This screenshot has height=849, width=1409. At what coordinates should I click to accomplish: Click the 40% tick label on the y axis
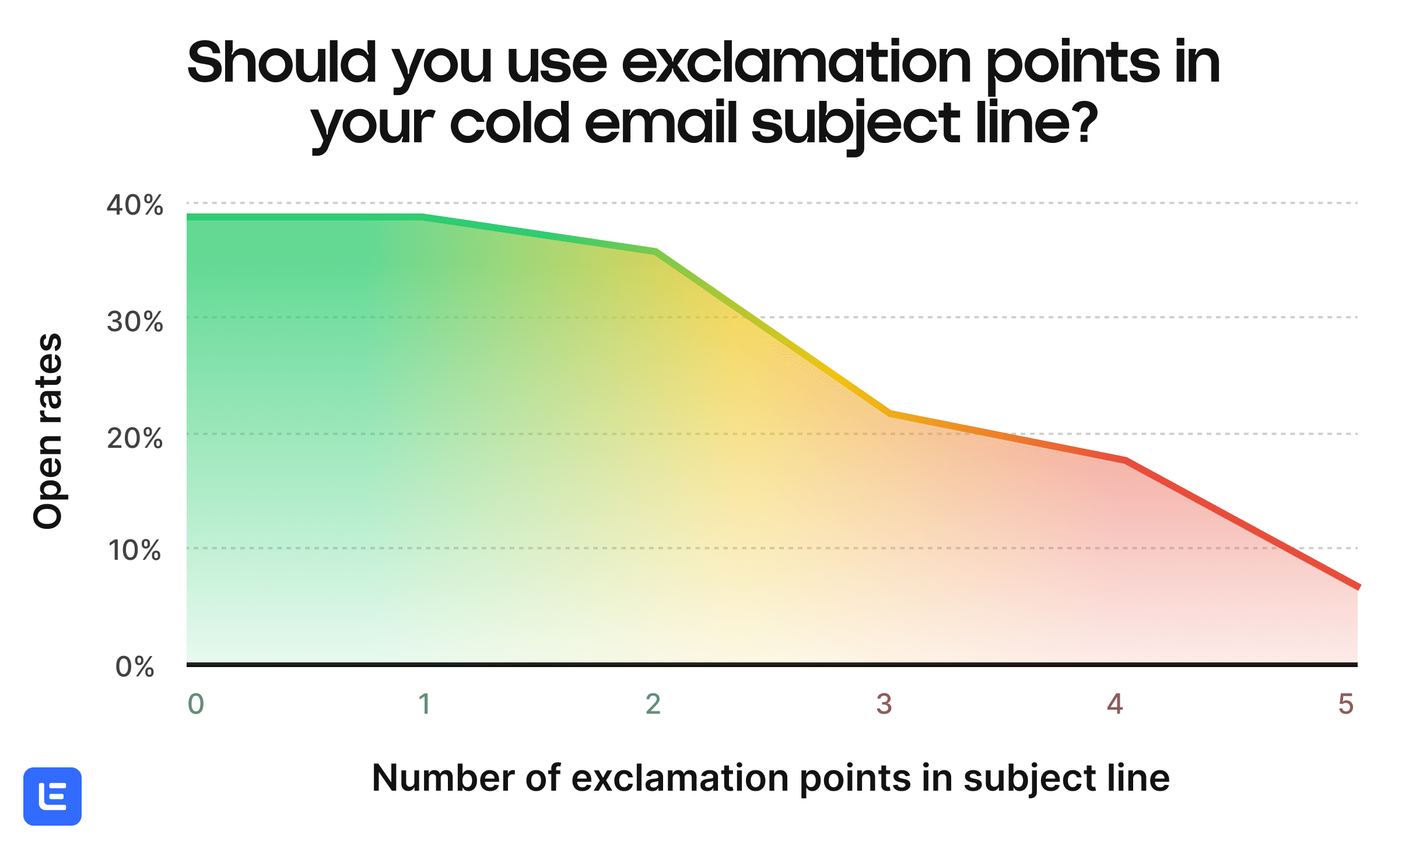pos(135,205)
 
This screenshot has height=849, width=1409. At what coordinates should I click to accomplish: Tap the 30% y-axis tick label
pos(135,322)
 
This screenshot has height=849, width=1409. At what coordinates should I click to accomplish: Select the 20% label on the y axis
pos(135,438)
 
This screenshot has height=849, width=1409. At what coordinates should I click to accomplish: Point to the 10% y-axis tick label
pos(135,550)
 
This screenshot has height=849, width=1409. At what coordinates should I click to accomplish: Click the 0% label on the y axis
pos(135,666)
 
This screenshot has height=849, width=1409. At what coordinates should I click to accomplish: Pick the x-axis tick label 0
pos(196,704)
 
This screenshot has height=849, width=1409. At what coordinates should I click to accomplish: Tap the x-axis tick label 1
pos(425,704)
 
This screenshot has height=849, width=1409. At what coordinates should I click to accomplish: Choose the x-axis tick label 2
pos(653,704)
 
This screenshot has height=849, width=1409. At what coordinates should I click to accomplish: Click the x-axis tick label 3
pos(884,704)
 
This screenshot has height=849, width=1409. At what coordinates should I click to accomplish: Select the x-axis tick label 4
pos(1115,704)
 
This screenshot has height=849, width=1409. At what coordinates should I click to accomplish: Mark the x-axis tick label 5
pos(1346,704)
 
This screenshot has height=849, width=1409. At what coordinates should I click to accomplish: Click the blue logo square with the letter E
pos(52,796)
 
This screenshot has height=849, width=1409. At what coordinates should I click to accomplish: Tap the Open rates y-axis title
pos(48,431)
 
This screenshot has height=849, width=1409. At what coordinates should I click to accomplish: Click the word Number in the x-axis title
pos(443,778)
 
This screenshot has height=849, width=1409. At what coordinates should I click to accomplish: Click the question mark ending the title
pos(1086,124)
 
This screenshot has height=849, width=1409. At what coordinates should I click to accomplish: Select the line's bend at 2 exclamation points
pos(657,252)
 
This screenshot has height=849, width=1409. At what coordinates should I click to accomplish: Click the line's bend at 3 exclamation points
pos(889,413)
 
